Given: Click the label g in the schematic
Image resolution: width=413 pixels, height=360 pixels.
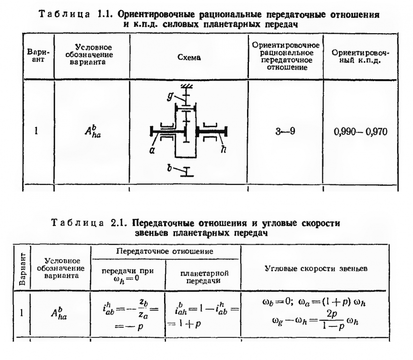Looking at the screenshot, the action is point(170,96).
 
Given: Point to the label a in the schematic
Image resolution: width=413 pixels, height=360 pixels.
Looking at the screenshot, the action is point(152,151).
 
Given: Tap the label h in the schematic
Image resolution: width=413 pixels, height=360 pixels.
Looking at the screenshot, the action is point(224,149).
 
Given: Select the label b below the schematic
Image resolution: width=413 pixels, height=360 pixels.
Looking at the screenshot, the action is point(170,168).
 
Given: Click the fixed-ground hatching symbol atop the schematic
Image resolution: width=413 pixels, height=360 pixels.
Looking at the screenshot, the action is point(187,86).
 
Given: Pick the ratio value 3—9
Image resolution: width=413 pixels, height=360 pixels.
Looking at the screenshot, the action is point(285,131).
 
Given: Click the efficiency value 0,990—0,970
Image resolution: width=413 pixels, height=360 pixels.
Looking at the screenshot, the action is point(360,132).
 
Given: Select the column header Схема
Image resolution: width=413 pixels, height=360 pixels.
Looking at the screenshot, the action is point(189,58).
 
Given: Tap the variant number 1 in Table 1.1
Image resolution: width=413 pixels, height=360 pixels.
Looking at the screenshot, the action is point(36,131).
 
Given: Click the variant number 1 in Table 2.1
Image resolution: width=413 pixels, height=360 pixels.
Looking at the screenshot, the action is point(22,313).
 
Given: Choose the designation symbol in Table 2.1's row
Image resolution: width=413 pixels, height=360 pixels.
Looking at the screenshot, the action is point(59,313).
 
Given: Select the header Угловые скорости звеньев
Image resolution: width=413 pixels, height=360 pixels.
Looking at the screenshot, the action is point(316,268).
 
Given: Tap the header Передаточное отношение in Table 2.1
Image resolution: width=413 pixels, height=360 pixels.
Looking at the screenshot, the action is point(165,252).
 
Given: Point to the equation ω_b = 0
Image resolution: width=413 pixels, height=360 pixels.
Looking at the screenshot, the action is point(278,302).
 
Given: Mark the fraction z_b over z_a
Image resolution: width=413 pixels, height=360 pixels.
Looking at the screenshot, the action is point(143,310).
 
